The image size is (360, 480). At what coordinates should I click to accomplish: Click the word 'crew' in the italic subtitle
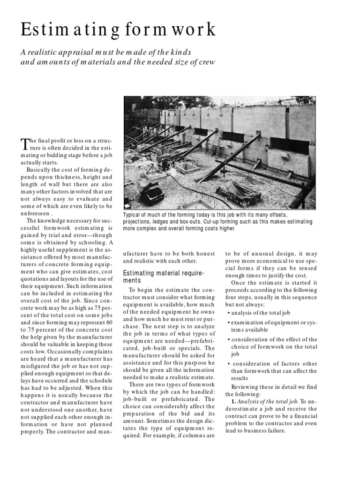(206, 62)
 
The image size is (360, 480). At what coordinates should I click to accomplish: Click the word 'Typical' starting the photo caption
(132, 214)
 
